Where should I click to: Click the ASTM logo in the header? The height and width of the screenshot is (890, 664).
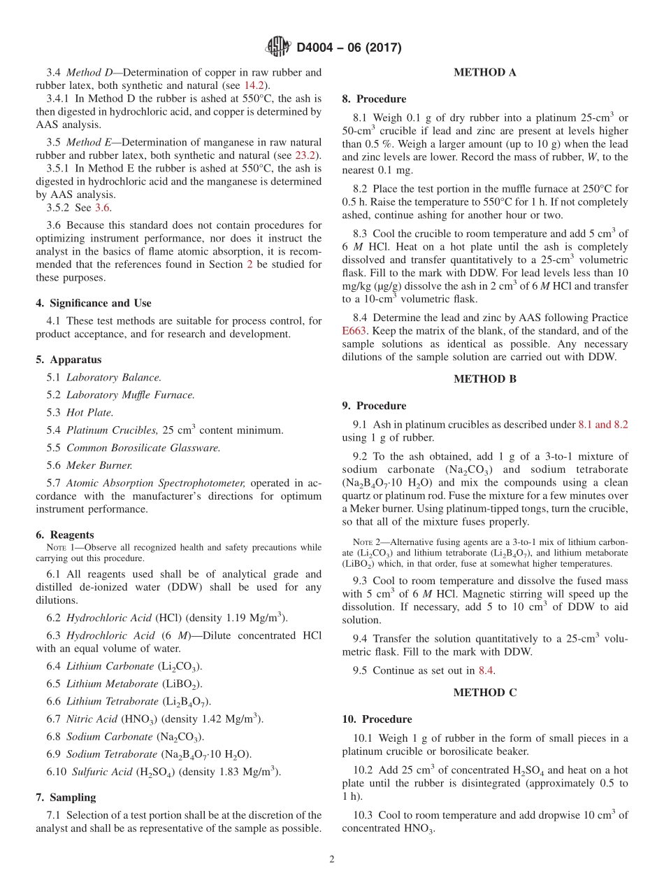(279, 47)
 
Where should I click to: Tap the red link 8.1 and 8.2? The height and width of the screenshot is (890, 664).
(602, 424)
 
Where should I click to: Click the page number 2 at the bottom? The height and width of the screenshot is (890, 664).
(332, 859)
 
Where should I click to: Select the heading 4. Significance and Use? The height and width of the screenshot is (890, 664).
(94, 303)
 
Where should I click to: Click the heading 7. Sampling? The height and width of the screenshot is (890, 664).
(66, 797)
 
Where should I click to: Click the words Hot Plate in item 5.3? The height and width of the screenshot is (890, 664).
(89, 413)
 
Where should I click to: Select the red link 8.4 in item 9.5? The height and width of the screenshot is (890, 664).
(486, 670)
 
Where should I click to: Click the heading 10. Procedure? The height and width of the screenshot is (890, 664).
(377, 719)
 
